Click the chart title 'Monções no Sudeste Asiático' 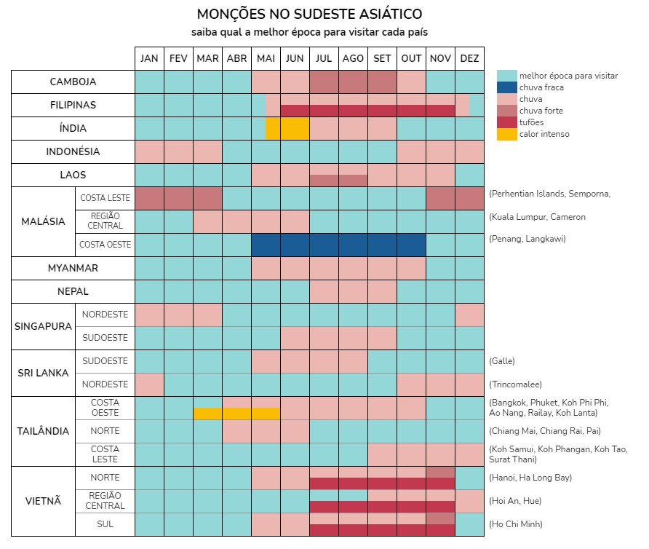(x=309, y=15)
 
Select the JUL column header (x=324, y=59)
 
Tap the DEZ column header (x=469, y=59)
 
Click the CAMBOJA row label (x=73, y=82)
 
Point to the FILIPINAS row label (x=73, y=105)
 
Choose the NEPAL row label (x=73, y=291)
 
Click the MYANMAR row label (x=73, y=268)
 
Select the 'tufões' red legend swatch (x=507, y=122)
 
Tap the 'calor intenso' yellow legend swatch (x=507, y=134)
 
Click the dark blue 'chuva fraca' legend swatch (x=507, y=87)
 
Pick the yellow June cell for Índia (x=295, y=128)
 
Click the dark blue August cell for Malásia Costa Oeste (x=353, y=245)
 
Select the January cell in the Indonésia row (x=149, y=151)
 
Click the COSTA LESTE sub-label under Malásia (x=105, y=198)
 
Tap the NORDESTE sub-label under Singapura (x=105, y=315)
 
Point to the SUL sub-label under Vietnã (x=105, y=524)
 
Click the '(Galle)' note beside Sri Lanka (x=502, y=361)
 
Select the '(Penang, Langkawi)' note (x=527, y=239)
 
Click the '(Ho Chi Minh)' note (x=516, y=524)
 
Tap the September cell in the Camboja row (x=382, y=82)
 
